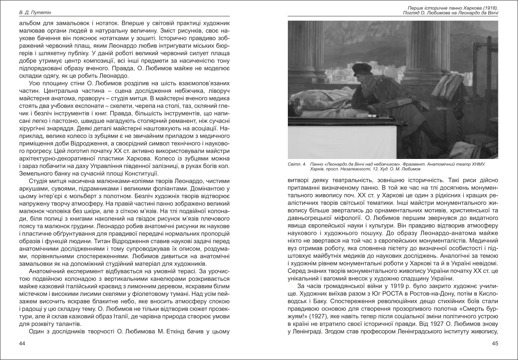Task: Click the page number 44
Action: click(x=22, y=344)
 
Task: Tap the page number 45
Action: click(x=495, y=344)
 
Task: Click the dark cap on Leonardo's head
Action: click(x=362, y=68)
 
